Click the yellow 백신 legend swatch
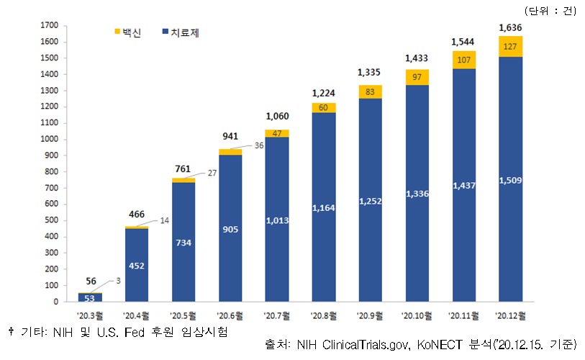coord(119,32)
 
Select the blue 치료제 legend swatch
coord(165,32)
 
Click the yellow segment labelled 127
coord(510,46)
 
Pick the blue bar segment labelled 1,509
coord(510,180)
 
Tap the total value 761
coord(183,170)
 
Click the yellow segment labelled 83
coord(370,91)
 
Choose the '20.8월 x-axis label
coord(323,315)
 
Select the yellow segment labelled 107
coord(463,60)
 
